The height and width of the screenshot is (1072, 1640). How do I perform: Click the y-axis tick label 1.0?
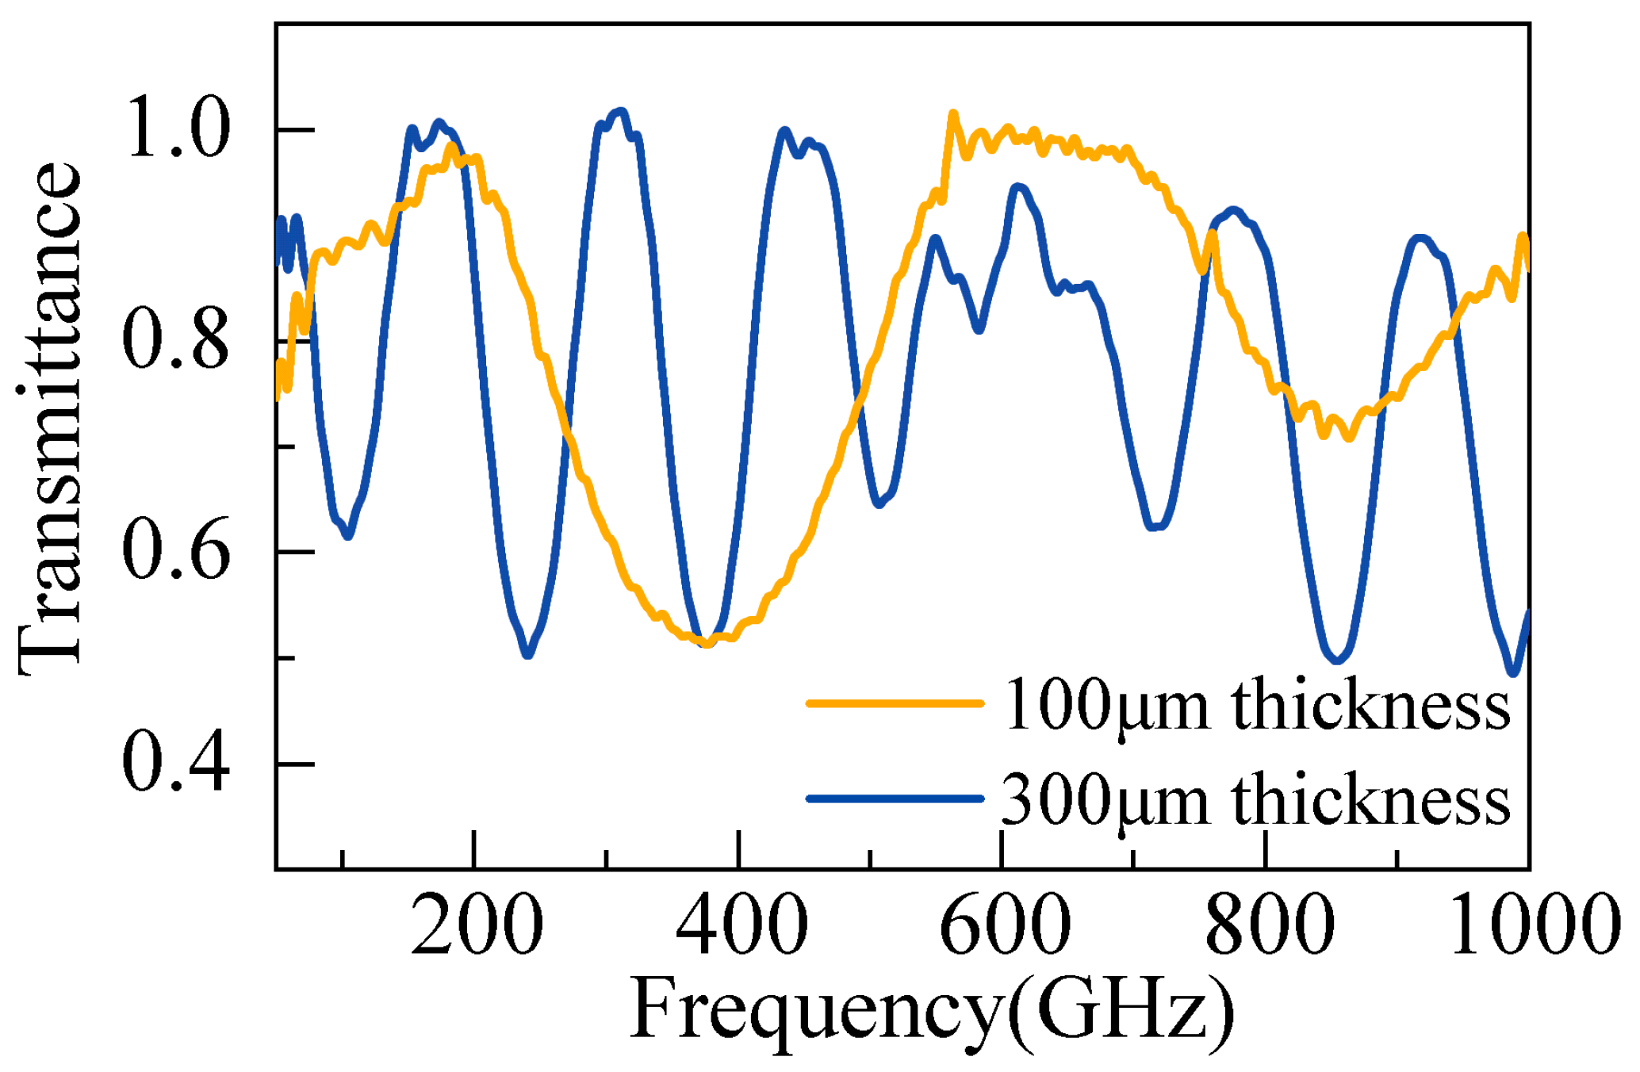pyautogui.click(x=177, y=128)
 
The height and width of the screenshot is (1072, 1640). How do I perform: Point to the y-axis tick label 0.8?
pyautogui.click(x=177, y=340)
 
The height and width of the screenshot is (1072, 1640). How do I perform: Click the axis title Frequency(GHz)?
pyautogui.click(x=932, y=1011)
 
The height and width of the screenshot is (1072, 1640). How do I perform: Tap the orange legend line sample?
pyautogui.click(x=895, y=703)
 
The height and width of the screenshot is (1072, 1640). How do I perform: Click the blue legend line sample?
pyautogui.click(x=895, y=798)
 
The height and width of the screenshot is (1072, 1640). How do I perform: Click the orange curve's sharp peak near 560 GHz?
pyautogui.click(x=952, y=114)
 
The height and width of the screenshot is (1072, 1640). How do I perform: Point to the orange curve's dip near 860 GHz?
pyautogui.click(x=1348, y=437)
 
